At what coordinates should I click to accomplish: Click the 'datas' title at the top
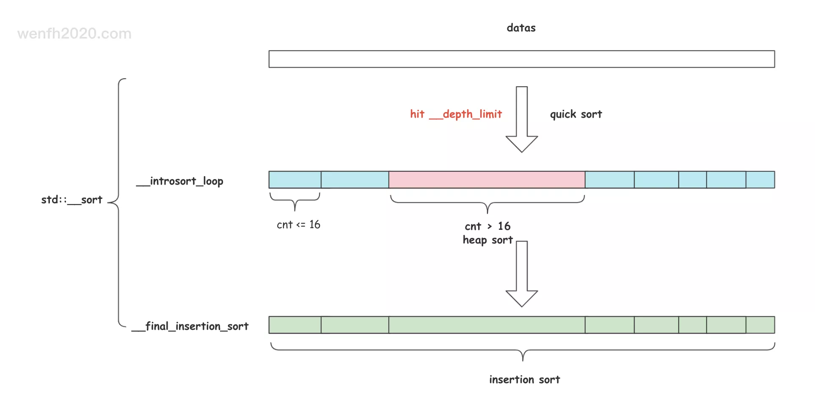pos(521,28)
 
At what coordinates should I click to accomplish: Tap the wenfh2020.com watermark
pos(74,33)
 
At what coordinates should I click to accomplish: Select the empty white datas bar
pos(521,59)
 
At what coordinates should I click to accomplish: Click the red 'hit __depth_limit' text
pos(456,114)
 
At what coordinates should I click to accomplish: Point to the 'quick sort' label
pos(575,114)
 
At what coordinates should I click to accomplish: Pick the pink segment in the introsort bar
pos(487,180)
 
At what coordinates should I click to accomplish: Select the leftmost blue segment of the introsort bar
pos(295,180)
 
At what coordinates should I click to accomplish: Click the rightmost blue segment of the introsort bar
pos(760,180)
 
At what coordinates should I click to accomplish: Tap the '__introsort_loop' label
pos(180,181)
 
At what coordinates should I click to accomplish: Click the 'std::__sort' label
pos(72,200)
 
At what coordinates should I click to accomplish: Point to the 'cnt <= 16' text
pos(298,225)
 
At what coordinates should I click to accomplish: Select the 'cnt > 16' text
pos(487,226)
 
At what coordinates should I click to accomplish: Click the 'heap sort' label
pos(487,240)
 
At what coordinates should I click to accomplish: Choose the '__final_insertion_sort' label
pos(190,326)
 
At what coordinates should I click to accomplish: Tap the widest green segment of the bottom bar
pos(487,325)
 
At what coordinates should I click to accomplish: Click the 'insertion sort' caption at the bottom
pos(524,380)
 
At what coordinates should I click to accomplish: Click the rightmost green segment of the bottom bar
pos(760,325)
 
